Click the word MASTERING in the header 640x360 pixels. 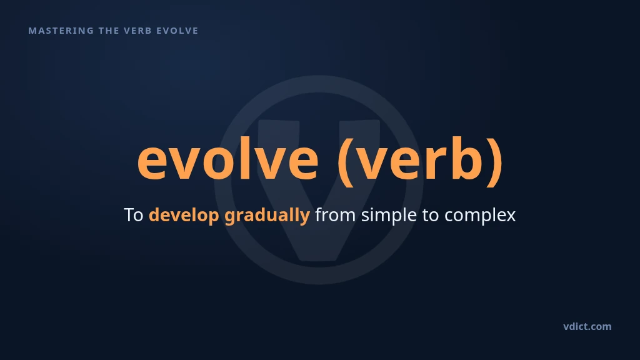tap(61, 31)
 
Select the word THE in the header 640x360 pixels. tap(109, 31)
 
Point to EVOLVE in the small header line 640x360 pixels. tap(177, 31)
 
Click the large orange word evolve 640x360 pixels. tap(227, 159)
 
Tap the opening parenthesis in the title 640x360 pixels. tap(346, 162)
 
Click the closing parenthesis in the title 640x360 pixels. tap(496, 162)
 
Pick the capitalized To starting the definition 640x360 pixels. tap(134, 215)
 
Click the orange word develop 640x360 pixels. tap(184, 216)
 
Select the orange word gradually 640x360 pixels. tap(267, 216)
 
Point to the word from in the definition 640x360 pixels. tap(335, 215)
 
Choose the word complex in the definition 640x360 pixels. tap(480, 216)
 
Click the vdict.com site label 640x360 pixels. tap(587, 326)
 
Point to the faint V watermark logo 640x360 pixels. tap(319, 179)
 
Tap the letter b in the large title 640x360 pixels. tap(469, 158)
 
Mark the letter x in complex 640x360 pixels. tap(511, 217)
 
